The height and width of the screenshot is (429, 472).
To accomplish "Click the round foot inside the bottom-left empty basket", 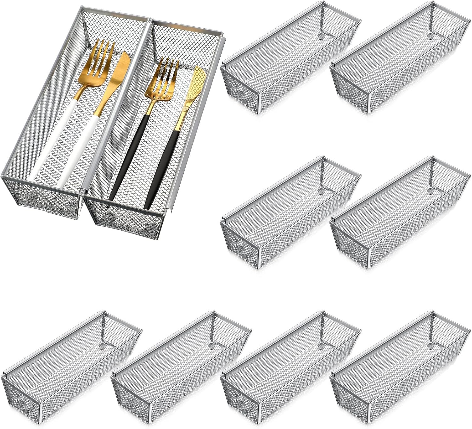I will pos(101,345).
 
